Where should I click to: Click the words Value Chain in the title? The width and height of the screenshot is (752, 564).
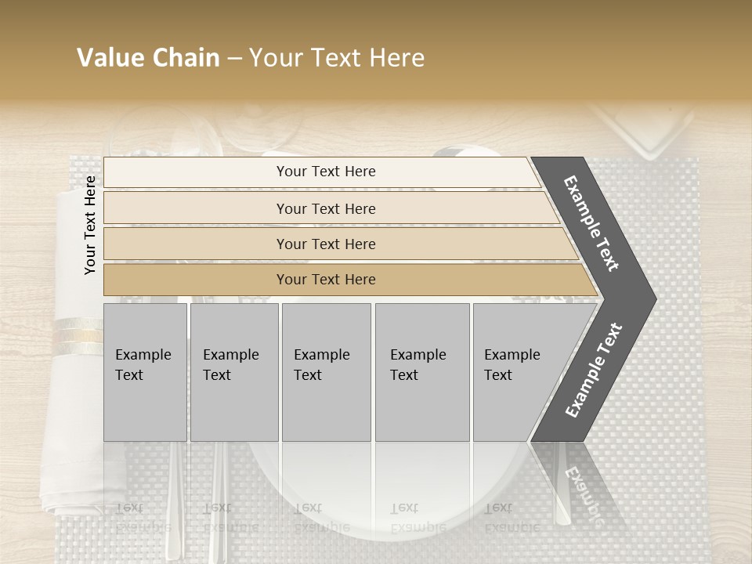(148, 58)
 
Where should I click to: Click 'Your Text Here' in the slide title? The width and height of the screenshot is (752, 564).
(337, 58)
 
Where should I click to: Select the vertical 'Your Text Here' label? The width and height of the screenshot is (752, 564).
(90, 225)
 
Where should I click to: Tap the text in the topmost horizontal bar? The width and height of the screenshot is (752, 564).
(326, 172)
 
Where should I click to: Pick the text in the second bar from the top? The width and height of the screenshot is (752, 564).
(326, 208)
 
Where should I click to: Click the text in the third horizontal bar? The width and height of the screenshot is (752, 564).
(326, 244)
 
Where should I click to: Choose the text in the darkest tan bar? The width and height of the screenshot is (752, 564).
(326, 280)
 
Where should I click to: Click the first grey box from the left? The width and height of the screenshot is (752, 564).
(145, 372)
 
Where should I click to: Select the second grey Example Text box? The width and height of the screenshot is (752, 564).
(233, 372)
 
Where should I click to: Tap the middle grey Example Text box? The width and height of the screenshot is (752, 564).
(325, 372)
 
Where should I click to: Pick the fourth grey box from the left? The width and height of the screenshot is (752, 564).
(421, 372)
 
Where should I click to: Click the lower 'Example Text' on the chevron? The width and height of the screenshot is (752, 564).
(594, 371)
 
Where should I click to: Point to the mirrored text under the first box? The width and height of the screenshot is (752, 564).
(143, 518)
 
